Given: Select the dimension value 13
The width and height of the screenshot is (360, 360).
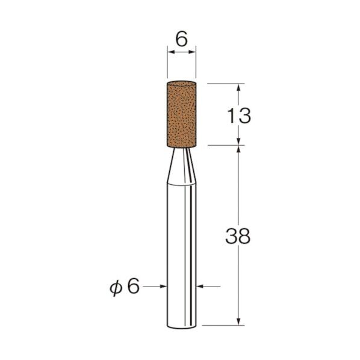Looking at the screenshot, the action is [239, 116].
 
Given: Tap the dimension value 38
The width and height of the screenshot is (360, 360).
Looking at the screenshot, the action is [238, 236].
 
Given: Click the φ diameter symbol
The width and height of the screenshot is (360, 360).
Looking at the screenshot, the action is [115, 287].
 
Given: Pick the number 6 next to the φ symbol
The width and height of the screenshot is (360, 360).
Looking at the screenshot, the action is [134, 287].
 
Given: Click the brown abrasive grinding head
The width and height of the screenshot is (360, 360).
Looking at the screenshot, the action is [181, 114].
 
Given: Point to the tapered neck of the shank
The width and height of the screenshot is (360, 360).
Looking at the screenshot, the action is [181, 166].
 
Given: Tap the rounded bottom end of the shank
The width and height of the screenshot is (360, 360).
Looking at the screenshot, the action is [182, 326].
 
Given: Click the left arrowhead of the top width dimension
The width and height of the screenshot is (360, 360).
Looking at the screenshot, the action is [171, 52].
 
